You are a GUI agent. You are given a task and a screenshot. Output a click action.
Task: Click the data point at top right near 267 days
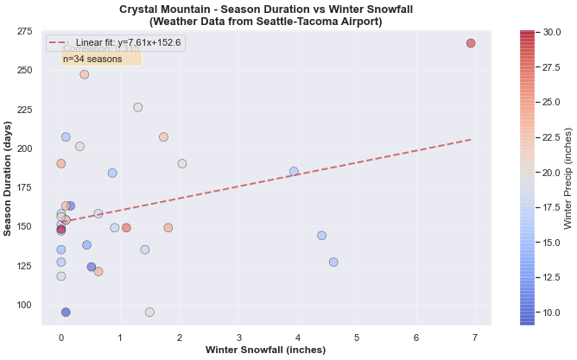[471, 43]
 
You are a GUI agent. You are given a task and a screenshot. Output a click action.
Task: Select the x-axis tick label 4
[297, 338]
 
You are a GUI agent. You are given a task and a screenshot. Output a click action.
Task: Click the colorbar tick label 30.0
[552, 32]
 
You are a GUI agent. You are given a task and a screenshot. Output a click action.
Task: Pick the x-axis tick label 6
[416, 338]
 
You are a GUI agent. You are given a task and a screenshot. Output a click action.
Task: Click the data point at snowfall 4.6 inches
[333, 262]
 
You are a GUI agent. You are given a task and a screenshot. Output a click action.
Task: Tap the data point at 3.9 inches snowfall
[294, 172]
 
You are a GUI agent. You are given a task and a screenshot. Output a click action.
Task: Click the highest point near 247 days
[84, 74]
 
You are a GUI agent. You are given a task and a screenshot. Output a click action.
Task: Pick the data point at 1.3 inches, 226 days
[137, 107]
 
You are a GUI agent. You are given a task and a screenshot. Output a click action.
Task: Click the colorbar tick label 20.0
[552, 172]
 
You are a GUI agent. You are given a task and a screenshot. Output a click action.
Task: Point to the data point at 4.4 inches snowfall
[321, 236]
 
